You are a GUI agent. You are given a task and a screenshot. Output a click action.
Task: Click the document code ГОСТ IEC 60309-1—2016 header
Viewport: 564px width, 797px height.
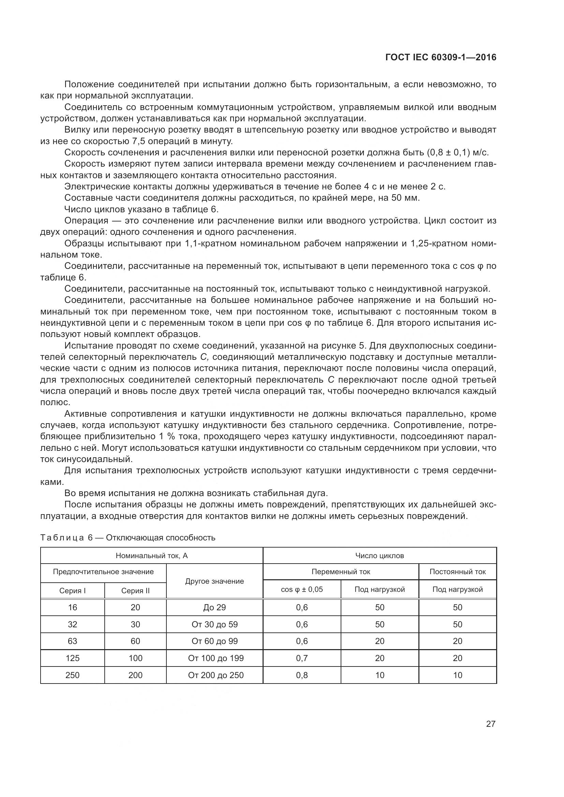point(441,58)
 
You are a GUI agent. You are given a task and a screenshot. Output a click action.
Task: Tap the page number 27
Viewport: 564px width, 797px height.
point(490,724)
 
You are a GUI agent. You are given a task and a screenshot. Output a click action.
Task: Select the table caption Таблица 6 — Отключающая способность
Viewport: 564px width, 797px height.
point(128,538)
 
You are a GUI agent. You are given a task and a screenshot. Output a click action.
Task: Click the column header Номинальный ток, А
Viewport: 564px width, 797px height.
point(151,556)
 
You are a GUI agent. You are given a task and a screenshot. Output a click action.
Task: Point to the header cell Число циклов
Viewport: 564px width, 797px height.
point(379,556)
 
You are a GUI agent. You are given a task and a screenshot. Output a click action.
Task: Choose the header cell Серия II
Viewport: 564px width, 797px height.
point(135,591)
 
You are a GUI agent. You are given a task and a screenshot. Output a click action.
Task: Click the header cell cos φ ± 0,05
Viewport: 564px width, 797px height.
point(301,589)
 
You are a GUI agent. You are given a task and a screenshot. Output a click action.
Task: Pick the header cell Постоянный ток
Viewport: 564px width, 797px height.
point(457,572)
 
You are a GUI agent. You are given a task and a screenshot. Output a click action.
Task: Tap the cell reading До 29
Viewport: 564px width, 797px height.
point(214,608)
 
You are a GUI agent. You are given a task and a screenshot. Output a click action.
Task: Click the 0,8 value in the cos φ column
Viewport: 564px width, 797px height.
point(302,675)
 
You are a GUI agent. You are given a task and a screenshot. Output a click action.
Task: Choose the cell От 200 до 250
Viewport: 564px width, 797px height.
point(216,675)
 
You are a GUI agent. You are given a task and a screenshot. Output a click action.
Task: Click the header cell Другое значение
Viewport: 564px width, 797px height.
point(214,581)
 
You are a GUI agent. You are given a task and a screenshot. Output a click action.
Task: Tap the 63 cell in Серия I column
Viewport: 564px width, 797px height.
point(72,641)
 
